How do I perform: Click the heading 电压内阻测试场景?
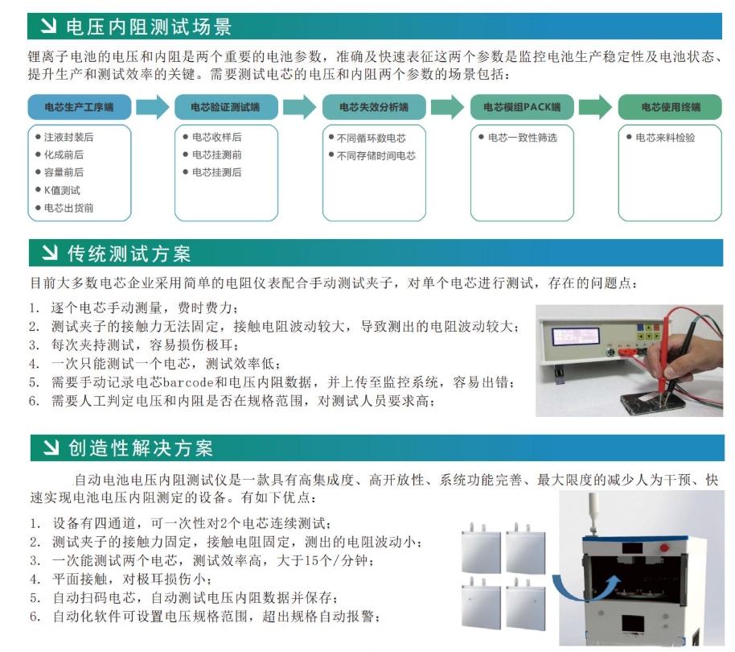(x=149, y=27)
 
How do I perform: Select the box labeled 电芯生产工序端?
(x=79, y=107)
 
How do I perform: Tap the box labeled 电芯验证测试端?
(x=226, y=107)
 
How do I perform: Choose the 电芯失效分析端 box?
(x=374, y=107)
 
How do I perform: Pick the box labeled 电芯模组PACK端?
(x=522, y=107)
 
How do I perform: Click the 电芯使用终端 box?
(x=671, y=107)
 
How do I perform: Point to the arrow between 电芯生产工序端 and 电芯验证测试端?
(x=153, y=107)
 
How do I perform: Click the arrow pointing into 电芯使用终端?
(x=596, y=107)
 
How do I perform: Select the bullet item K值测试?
(x=62, y=190)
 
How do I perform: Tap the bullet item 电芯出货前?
(x=68, y=208)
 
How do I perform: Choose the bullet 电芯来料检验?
(x=665, y=138)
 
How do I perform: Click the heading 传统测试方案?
(x=129, y=254)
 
